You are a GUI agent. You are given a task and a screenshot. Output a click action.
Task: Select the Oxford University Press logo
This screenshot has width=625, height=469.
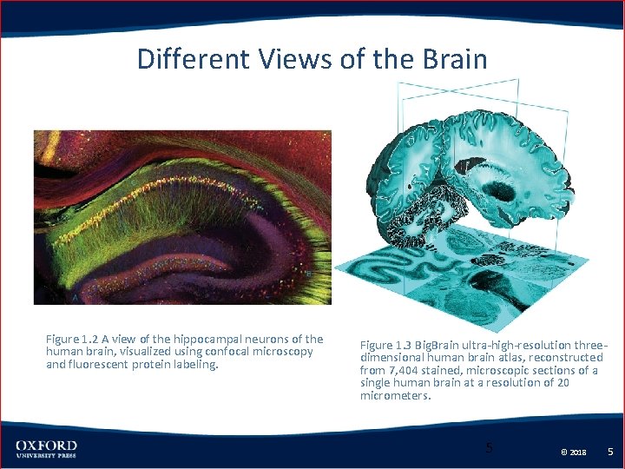point(46,450)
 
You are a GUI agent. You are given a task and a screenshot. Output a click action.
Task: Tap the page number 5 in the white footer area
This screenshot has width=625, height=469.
point(489,448)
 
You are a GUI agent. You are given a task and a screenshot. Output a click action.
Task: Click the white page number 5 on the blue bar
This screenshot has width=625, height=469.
point(610,452)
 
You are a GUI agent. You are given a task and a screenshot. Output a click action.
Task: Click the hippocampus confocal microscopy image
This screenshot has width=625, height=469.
point(182,217)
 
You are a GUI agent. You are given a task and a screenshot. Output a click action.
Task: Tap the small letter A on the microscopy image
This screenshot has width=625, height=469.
point(76,297)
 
